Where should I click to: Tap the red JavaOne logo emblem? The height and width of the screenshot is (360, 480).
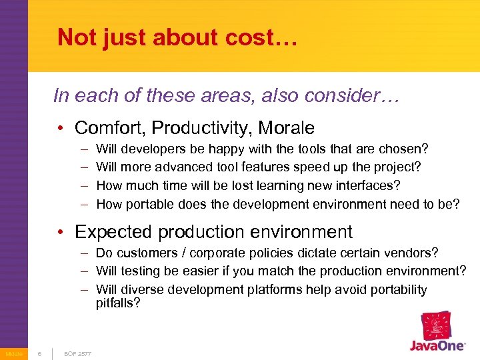pyautogui.click(x=437, y=326)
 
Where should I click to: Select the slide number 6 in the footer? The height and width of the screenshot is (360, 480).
pyautogui.click(x=39, y=353)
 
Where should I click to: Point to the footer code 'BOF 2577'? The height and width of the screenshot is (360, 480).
pyautogui.click(x=77, y=353)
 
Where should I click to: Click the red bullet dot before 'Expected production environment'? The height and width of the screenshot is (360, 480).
pyautogui.click(x=61, y=233)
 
